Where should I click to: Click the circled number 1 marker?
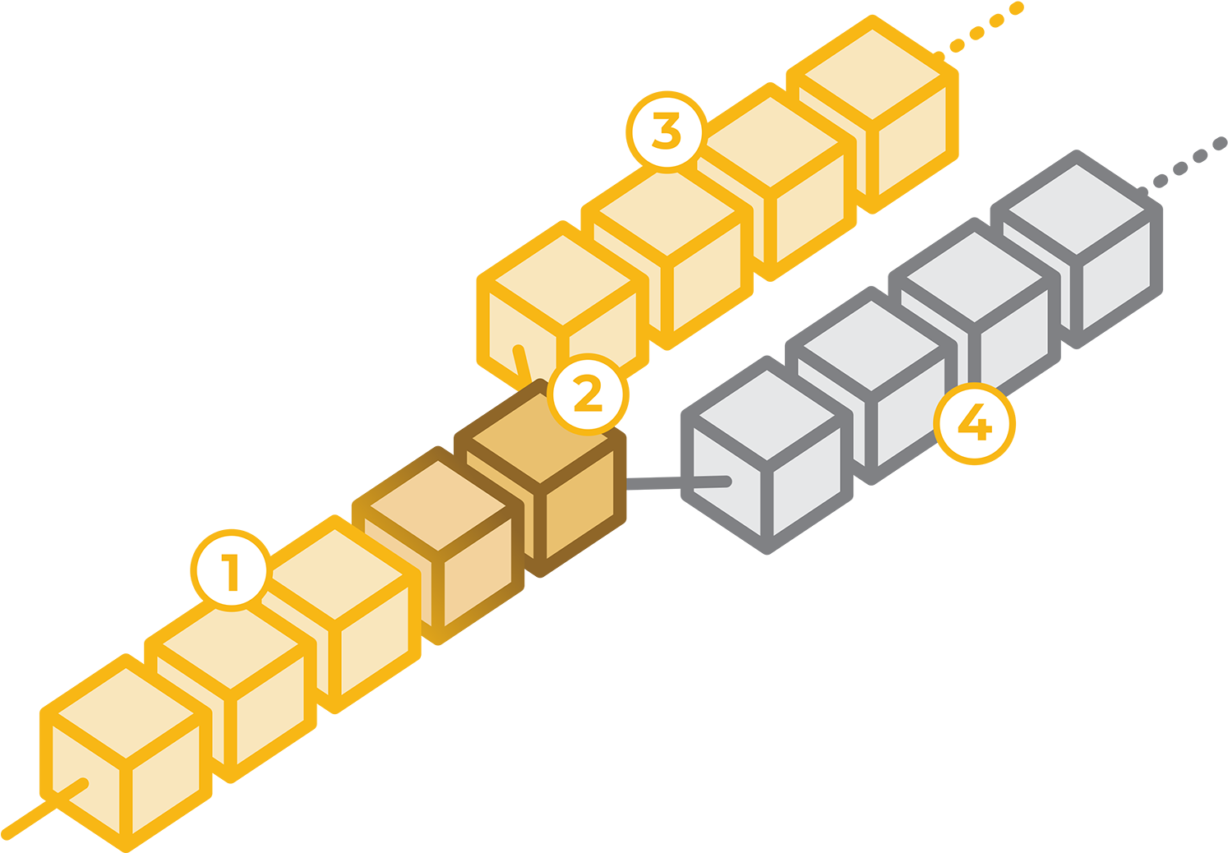click(230, 571)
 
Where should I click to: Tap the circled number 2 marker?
click(589, 394)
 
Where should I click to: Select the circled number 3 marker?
click(666, 131)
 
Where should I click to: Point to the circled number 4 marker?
click(976, 425)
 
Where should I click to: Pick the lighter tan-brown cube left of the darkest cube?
click(437, 546)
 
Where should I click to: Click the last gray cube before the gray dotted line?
click(1077, 251)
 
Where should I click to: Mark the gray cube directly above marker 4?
click(974, 316)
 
